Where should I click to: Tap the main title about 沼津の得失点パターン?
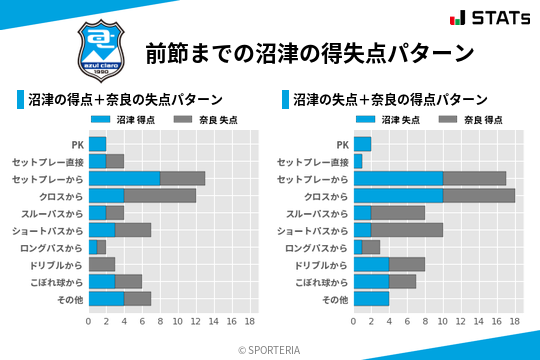tap(309, 53)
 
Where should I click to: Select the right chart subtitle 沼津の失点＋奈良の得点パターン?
tap(390, 100)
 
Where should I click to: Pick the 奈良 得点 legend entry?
tap(471, 119)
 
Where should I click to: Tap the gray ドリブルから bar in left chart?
tap(101, 264)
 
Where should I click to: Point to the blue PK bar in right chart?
tap(362, 144)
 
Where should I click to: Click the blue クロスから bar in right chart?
tap(398, 195)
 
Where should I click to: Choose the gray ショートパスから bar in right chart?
tap(406, 230)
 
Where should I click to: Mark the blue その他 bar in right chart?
tap(371, 299)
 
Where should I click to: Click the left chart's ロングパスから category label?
tap(51, 247)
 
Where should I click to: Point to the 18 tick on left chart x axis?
tap(250, 322)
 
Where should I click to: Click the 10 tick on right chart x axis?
tap(443, 322)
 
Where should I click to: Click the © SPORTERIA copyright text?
tap(269, 349)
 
